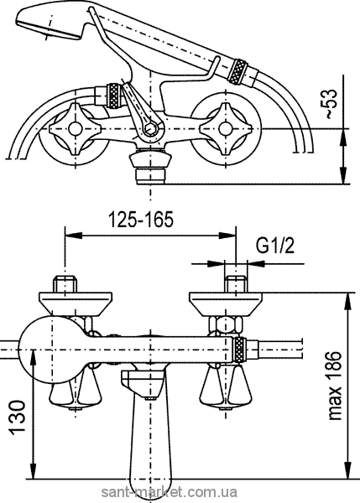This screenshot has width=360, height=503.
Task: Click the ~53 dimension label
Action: tap(331, 104)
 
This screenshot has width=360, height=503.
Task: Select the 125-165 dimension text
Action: tap(141, 220)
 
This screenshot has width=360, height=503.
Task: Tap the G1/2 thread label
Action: tap(275, 246)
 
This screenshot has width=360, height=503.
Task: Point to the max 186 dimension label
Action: tap(335, 386)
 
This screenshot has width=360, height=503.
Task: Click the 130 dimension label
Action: tap(17, 416)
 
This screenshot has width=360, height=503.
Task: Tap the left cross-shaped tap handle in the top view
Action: tap(76, 128)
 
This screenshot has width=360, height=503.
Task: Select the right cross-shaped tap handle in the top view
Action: tap(225, 128)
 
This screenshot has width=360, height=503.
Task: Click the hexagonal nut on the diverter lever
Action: tap(149, 128)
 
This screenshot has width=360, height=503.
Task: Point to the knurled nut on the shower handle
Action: tap(237, 71)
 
